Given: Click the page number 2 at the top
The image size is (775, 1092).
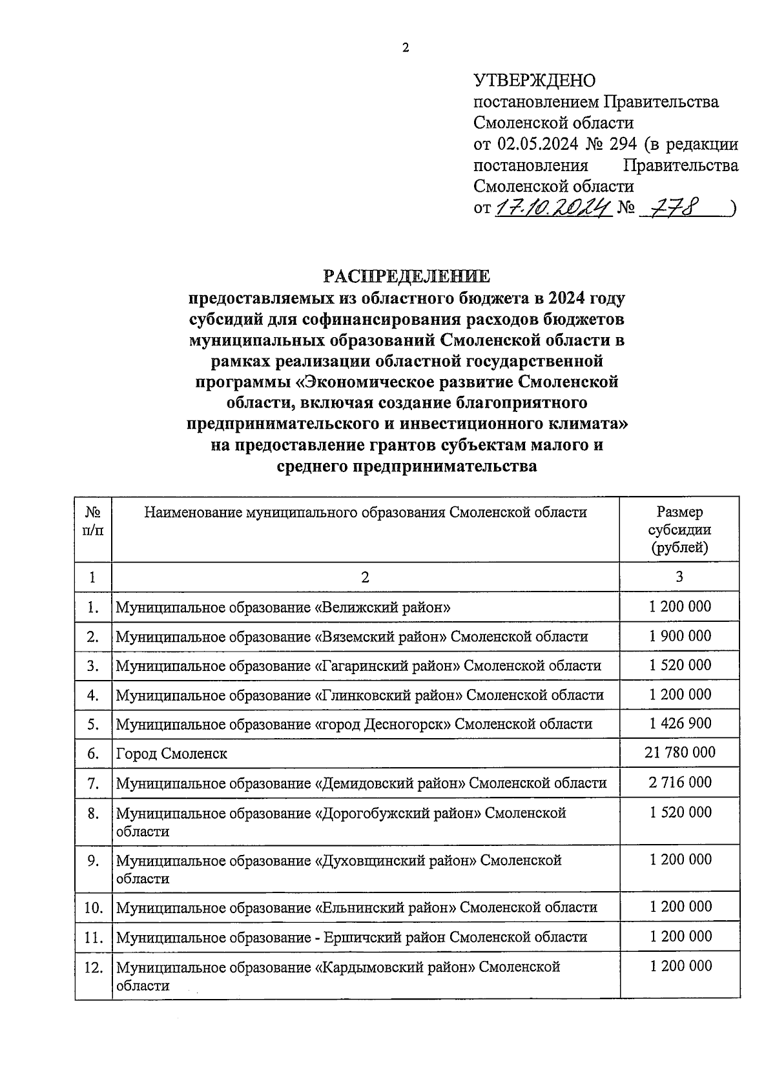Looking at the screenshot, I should (x=406, y=48).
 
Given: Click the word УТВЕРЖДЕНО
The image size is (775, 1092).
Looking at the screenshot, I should (x=534, y=81).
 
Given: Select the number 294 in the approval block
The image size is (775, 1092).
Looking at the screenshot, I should (x=623, y=144).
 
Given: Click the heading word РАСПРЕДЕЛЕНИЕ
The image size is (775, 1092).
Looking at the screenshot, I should (x=406, y=276).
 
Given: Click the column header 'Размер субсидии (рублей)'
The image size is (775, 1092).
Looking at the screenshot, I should (x=679, y=530).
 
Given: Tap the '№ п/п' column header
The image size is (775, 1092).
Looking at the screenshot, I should (x=93, y=521).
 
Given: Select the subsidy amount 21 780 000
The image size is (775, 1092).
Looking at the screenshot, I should (x=680, y=752).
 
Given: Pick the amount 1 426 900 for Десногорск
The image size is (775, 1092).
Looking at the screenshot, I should (x=680, y=723).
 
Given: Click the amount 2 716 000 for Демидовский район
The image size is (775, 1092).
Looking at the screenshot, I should (x=680, y=783).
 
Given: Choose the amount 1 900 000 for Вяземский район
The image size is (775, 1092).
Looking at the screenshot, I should (x=680, y=636).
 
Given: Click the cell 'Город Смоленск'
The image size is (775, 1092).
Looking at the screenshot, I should (x=172, y=754).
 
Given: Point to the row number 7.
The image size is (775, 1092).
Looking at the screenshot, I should (x=93, y=783).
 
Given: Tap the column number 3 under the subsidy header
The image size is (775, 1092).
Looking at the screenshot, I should (x=679, y=577).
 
